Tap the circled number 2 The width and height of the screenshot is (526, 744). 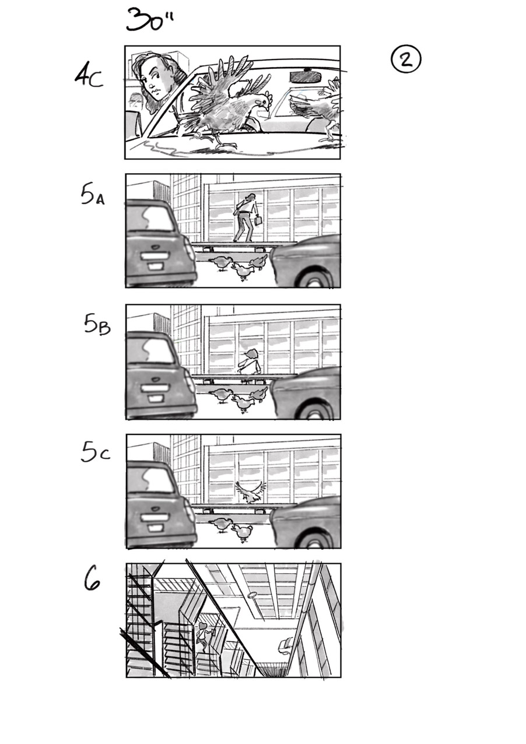coord(406,59)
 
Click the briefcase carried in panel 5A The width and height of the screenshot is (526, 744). coord(257,222)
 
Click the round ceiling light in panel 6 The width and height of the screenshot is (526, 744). coord(252,595)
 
